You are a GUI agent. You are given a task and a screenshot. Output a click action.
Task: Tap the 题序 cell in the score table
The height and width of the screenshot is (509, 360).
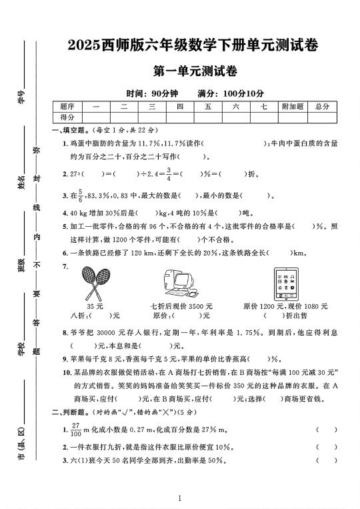67,106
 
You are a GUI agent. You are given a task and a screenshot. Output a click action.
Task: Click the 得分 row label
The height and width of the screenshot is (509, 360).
67,117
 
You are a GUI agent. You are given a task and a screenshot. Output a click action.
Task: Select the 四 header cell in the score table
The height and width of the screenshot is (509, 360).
180,106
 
